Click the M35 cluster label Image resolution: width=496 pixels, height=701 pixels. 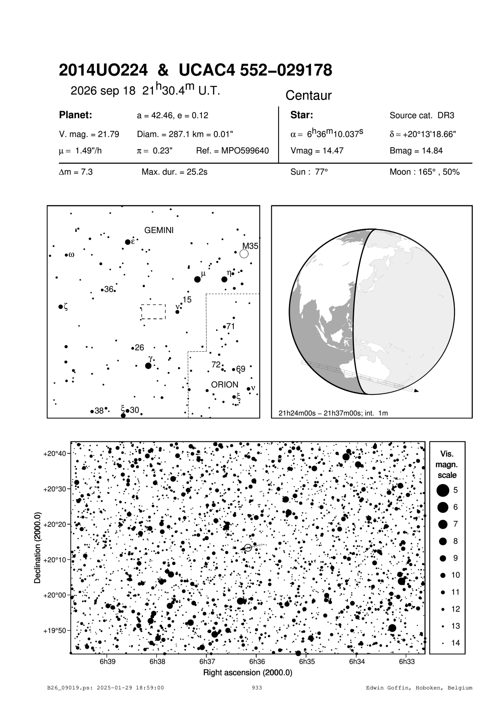250,246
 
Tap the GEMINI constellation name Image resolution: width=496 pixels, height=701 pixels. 159,230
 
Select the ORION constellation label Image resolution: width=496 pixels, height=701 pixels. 225,385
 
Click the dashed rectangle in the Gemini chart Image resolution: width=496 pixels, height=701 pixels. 153,312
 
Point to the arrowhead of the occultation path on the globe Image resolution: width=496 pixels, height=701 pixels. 417,391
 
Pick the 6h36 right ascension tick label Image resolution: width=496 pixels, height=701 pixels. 257,661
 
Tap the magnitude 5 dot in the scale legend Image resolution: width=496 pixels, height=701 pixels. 443,490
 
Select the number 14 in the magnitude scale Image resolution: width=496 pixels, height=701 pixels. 456,643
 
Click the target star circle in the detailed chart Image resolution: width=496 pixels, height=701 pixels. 248,548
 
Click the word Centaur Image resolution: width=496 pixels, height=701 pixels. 309,96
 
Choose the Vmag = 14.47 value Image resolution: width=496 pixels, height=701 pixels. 317,151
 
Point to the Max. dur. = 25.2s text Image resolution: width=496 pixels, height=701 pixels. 175,172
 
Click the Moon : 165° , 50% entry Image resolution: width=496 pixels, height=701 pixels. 424,172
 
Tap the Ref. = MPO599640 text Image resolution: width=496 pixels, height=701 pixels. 232,151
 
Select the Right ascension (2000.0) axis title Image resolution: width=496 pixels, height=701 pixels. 248,673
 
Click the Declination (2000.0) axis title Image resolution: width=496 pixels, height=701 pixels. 38,547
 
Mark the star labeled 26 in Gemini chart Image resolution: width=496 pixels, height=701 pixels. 133,348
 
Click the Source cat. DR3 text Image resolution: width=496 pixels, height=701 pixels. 422,116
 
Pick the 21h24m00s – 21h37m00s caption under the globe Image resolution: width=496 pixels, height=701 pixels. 333,413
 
